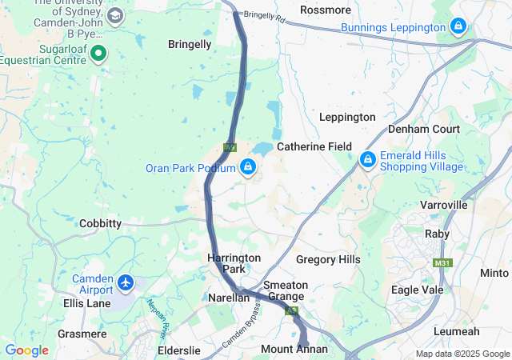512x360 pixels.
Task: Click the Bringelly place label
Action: point(190,45)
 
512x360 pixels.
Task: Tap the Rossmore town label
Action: point(325,10)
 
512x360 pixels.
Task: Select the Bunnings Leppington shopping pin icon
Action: point(458,27)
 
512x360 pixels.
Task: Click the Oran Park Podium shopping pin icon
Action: point(248,167)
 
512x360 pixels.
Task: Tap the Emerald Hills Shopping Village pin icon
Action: point(367,160)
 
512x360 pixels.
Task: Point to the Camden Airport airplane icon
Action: point(126,282)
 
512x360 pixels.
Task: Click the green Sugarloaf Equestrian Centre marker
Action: point(99,54)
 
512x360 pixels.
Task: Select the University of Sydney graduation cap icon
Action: point(115,16)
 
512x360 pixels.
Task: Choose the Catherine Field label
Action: point(314,147)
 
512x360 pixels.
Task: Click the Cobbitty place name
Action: point(101,224)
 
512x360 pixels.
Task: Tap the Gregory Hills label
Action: point(328,259)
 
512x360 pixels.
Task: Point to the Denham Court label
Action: point(424,129)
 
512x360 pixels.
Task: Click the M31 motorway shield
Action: point(442,263)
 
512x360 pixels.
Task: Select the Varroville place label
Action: point(442,205)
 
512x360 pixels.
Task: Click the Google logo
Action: point(26,350)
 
